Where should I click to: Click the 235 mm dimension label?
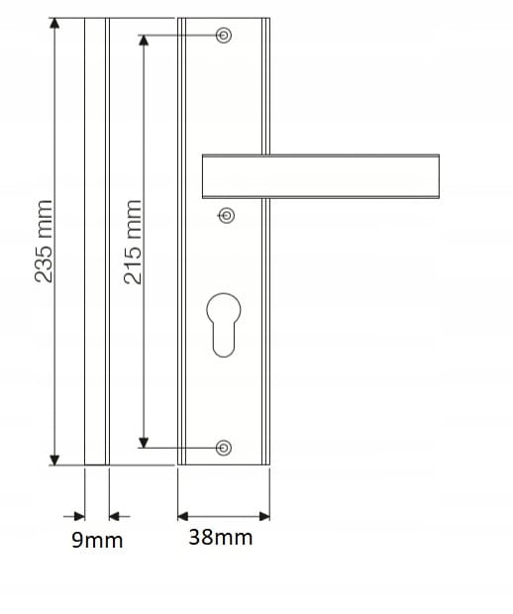coord(44,241)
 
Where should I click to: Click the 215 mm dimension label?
coord(134,242)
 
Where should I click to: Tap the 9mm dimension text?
coord(97,541)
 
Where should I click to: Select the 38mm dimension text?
coord(220,538)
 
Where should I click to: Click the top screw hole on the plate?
coord(225,36)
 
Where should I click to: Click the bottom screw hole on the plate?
coord(224,448)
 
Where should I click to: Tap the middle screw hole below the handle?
coord(227,214)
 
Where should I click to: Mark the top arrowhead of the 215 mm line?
coord(145,40)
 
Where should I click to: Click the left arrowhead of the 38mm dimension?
coord(183,515)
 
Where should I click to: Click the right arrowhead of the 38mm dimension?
coord(264,515)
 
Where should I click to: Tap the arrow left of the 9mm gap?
coord(78,515)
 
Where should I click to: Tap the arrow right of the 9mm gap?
coord(113,515)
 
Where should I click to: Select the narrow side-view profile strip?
coord(95,241)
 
